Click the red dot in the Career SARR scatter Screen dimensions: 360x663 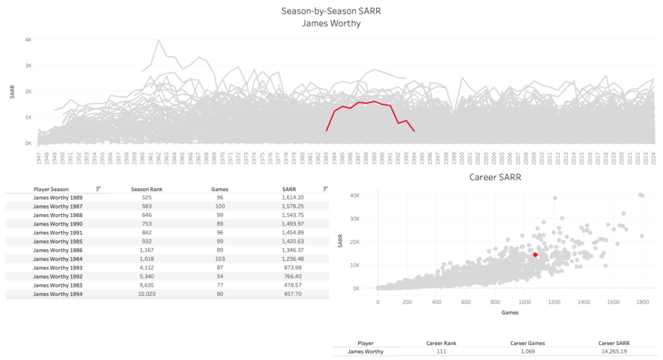pyautogui.click(x=535, y=255)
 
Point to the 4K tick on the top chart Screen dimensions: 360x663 pyautogui.click(x=28, y=39)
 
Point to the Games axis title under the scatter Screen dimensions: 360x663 pyautogui.click(x=510, y=313)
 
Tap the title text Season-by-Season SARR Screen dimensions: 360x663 pyautogui.click(x=331, y=11)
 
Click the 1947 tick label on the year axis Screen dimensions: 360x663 pyautogui.click(x=30, y=158)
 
